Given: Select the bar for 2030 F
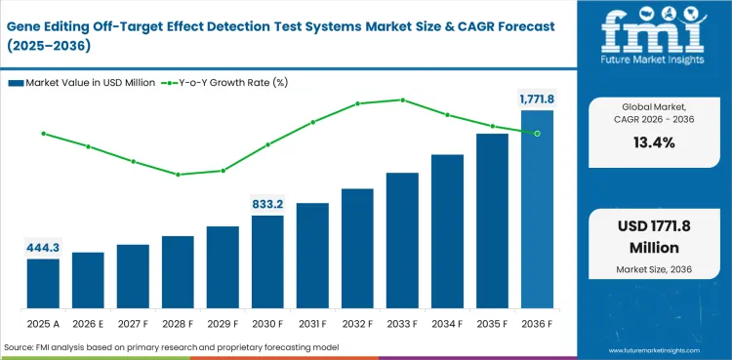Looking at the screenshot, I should pyautogui.click(x=267, y=261).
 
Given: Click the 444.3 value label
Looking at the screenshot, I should pyautogui.click(x=43, y=248).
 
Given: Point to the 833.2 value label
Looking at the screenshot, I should pyautogui.click(x=267, y=204).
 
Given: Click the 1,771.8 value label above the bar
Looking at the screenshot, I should pyautogui.click(x=537, y=99).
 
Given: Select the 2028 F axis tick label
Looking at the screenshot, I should pyautogui.click(x=178, y=322).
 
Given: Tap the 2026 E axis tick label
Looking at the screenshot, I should pyautogui.click(x=88, y=322).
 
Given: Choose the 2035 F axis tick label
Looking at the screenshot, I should pyautogui.click(x=492, y=322).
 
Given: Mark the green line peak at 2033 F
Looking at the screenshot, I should pyautogui.click(x=402, y=100).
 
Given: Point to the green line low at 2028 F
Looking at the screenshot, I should pyautogui.click(x=178, y=175).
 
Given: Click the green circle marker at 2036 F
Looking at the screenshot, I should pyautogui.click(x=537, y=133).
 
